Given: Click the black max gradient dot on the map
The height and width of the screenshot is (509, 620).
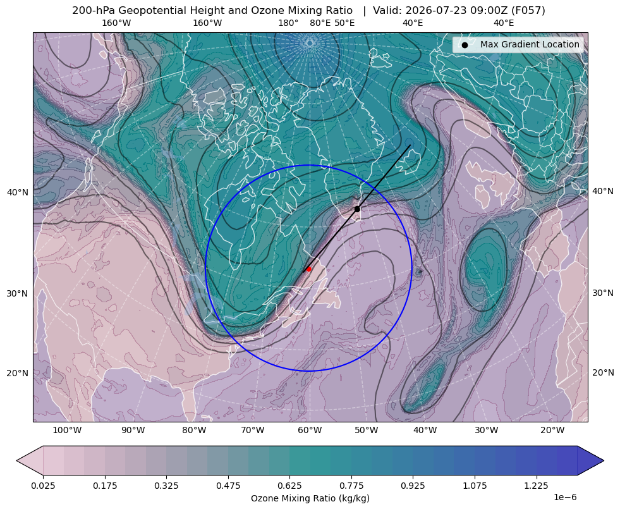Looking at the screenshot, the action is coord(357,209).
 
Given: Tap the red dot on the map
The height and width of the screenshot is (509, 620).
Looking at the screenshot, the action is coord(309,269).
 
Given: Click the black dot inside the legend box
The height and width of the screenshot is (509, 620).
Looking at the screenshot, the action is coord(465,45).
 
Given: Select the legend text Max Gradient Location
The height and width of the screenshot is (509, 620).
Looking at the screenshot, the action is coord(530,45).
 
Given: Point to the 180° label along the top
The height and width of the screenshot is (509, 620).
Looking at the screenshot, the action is coord(288,23).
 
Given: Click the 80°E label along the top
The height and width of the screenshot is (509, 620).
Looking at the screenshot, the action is coord(320,23).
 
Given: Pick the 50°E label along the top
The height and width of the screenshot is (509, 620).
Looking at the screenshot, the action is coord(344,23).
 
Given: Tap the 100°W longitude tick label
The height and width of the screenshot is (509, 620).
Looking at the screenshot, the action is coord(67,431).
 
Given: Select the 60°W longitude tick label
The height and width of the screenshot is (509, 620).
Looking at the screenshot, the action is coord(310,431).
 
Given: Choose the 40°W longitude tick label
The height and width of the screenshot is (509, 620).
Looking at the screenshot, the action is coord(425,431).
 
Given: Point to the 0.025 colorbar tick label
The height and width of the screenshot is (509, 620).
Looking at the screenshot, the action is coord(43,486).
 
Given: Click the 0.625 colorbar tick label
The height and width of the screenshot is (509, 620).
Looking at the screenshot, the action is coord(290,486).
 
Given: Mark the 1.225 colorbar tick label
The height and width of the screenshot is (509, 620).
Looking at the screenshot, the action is coord(537,486).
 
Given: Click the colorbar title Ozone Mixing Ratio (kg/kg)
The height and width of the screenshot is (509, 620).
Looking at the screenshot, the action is coord(310,498).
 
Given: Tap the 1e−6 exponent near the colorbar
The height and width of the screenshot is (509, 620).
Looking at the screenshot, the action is coord(565,497).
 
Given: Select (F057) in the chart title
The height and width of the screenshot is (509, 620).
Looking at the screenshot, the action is coord(528,11).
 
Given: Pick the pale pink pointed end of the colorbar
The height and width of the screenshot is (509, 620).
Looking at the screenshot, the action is coord(30,460).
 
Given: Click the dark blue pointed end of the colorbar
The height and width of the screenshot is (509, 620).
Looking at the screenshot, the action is coord(590,460).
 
